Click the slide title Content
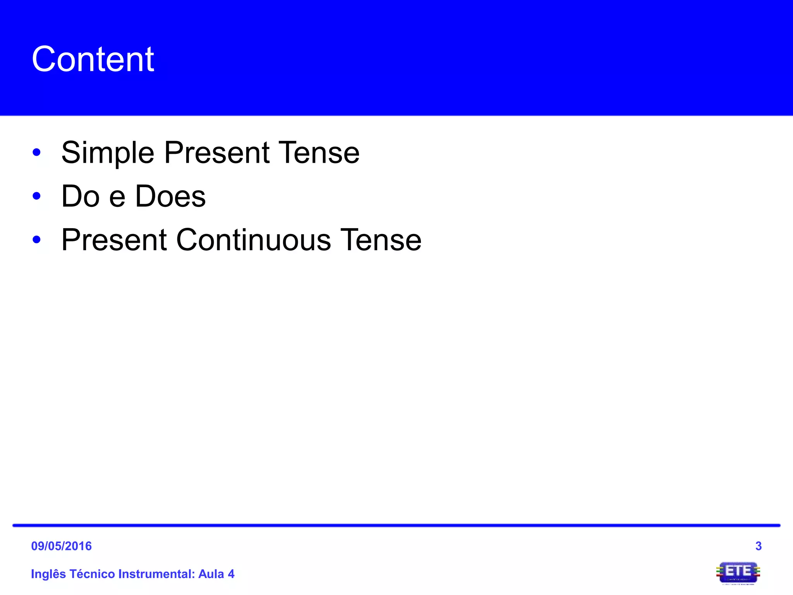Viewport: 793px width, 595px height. (x=93, y=59)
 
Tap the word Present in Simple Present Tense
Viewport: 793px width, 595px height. (x=217, y=153)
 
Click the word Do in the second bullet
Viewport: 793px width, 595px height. (x=81, y=196)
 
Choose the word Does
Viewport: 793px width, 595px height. (x=170, y=196)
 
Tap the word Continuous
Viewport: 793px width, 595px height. (x=254, y=240)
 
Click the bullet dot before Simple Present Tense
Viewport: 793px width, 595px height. (x=37, y=152)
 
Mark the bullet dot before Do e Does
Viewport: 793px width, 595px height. (x=37, y=196)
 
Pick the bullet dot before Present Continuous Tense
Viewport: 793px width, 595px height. (x=37, y=240)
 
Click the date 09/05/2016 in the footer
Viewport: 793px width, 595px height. (x=61, y=546)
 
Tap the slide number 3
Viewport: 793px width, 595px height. (x=758, y=546)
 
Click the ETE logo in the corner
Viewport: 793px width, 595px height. (x=738, y=573)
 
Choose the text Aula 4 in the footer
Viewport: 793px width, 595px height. (x=216, y=574)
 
